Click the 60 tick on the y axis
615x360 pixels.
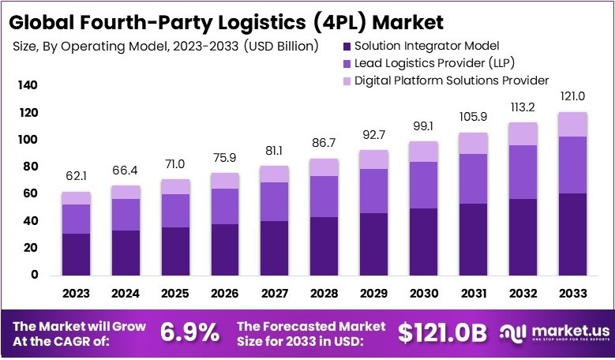point(30,193)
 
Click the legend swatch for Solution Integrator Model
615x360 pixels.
point(347,46)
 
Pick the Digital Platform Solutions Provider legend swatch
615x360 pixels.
point(347,81)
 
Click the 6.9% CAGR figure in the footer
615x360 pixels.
point(190,332)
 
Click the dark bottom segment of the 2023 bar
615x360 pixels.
point(77,254)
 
